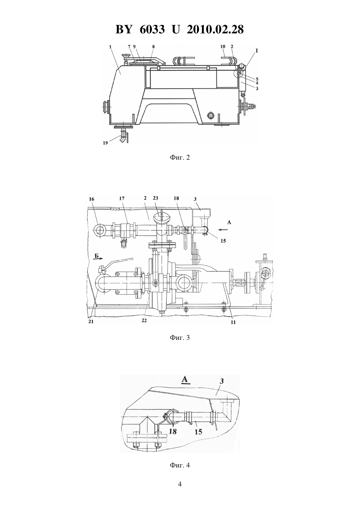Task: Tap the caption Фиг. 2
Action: point(180,157)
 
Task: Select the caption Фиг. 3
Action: point(180,338)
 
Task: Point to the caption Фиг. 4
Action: point(180,465)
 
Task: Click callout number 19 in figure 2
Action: point(105,143)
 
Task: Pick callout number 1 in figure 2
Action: point(110,47)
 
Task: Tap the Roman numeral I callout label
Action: point(257,51)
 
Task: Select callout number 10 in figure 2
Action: point(223,46)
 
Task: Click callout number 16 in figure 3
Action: point(92,199)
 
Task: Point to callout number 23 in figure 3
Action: point(155,198)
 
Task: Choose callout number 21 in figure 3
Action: point(91,322)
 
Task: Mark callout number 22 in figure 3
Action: point(144,321)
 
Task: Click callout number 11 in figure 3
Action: point(233,322)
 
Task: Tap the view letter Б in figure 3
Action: point(97,256)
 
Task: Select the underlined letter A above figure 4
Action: point(185,379)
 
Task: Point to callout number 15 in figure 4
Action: point(198,432)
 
